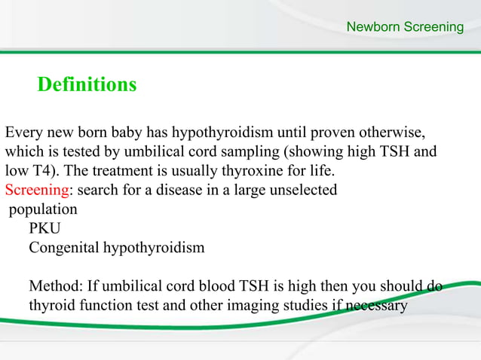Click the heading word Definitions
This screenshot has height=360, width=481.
pyautogui.click(x=87, y=84)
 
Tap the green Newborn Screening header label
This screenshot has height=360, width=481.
pyautogui.click(x=405, y=28)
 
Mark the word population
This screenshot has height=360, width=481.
pyautogui.click(x=43, y=209)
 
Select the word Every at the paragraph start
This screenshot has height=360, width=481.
pyautogui.click(x=24, y=133)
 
